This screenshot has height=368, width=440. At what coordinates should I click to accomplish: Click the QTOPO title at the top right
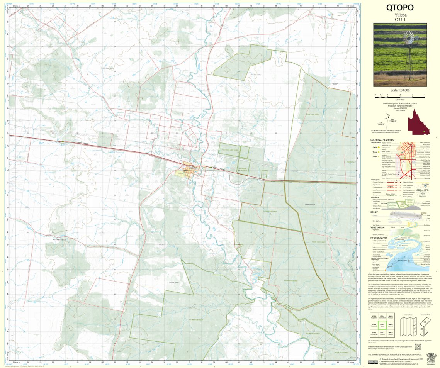click(399, 8)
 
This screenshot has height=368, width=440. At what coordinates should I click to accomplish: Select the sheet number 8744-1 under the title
click(400, 19)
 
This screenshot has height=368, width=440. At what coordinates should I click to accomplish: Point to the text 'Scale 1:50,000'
click(400, 90)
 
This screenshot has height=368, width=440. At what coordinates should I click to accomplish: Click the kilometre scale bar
click(400, 95)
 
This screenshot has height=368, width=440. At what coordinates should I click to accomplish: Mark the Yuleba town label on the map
click(185, 170)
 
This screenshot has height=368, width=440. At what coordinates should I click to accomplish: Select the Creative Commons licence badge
click(373, 362)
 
